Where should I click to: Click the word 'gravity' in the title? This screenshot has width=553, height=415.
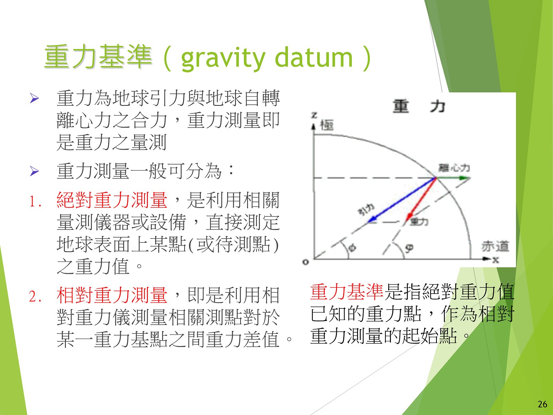pyautogui.click(x=223, y=59)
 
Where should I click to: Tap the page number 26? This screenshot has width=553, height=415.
pyautogui.click(x=542, y=404)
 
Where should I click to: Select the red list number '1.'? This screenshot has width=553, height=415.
pyautogui.click(x=35, y=202)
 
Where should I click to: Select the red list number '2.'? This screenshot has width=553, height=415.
pyautogui.click(x=35, y=296)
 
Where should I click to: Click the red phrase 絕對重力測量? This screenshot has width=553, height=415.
pyautogui.click(x=112, y=200)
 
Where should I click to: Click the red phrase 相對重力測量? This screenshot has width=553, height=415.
pyautogui.click(x=112, y=295)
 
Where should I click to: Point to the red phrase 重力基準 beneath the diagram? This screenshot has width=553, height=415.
pyautogui.click(x=347, y=292)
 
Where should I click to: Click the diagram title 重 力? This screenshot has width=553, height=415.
pyautogui.click(x=419, y=106)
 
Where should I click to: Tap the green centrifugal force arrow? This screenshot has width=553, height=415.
pyautogui.click(x=453, y=178)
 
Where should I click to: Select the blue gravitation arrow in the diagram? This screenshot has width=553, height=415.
pyautogui.click(x=402, y=200)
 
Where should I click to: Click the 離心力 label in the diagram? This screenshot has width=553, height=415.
pyautogui.click(x=454, y=168)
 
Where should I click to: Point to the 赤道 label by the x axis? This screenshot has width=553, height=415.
pyautogui.click(x=495, y=247)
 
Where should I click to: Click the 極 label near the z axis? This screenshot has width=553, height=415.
pyautogui.click(x=327, y=125)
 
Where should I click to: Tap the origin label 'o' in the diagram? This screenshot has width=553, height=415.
pyautogui.click(x=306, y=262)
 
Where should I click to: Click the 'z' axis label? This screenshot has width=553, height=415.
pyautogui.click(x=314, y=116)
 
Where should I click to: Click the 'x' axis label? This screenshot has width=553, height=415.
pyautogui.click(x=496, y=259)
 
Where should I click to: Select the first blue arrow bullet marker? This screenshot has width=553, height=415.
pyautogui.click(x=35, y=98)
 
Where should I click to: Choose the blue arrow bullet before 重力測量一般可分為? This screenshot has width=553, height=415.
pyautogui.click(x=35, y=171)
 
